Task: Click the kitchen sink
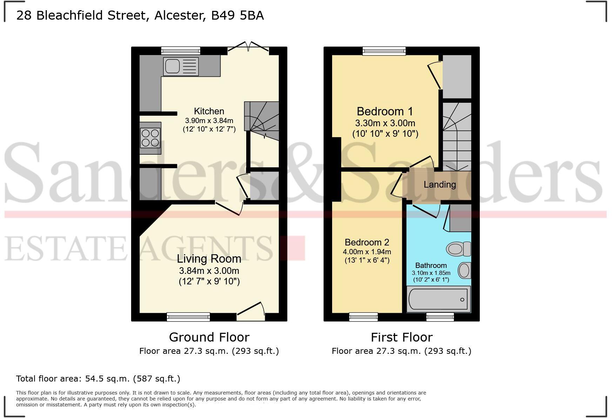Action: [181, 66]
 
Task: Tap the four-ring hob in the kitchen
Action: [150, 138]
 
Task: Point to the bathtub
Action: [438, 299]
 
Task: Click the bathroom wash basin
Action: [465, 271]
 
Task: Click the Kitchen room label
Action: [209, 112]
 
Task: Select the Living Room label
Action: [209, 259]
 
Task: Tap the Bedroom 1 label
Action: [385, 112]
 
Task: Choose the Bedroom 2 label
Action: [367, 242]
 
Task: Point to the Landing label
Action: [439, 184]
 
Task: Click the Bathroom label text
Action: [431, 265]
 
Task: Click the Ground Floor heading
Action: [209, 337]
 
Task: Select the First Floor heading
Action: [402, 337]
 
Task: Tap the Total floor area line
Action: [98, 379]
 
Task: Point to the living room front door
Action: [251, 311]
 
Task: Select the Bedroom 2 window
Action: [364, 317]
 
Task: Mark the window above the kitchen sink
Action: [181, 51]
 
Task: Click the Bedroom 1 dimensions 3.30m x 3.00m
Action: [385, 123]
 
